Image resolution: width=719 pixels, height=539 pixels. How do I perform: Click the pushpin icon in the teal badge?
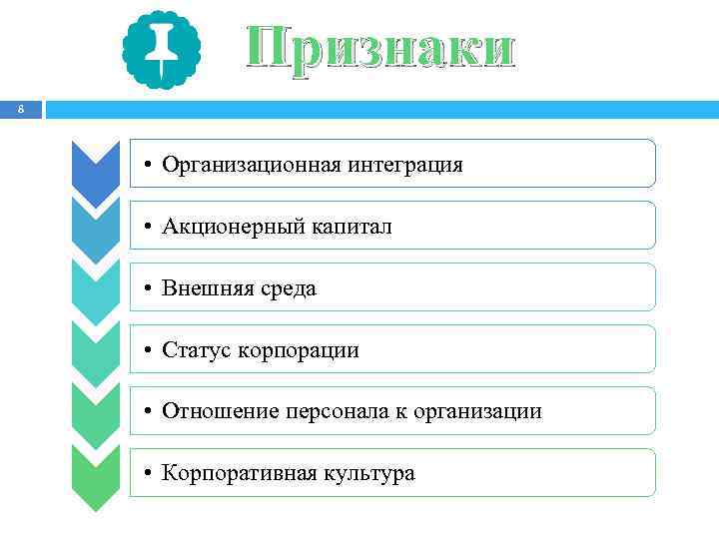point(161,49)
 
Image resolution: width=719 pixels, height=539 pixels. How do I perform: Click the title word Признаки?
point(381,49)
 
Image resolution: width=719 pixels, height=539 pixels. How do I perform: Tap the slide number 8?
point(20,111)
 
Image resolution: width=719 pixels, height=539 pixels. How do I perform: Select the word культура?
point(367,473)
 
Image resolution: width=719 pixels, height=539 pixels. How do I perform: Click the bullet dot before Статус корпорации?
point(146,350)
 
